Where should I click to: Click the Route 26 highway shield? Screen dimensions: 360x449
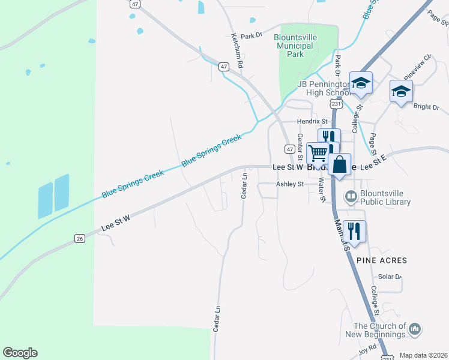pyautogui.click(x=79, y=239)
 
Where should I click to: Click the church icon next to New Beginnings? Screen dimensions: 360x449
pyautogui.click(x=414, y=329)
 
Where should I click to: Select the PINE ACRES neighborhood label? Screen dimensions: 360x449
pyautogui.click(x=382, y=260)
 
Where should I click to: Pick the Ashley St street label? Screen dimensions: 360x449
pyautogui.click(x=289, y=185)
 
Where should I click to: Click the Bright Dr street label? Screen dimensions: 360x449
pyautogui.click(x=426, y=107)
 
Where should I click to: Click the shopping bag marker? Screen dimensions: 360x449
pyautogui.click(x=339, y=164)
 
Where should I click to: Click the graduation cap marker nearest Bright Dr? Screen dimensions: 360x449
pyautogui.click(x=401, y=91)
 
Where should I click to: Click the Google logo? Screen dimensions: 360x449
pyautogui.click(x=20, y=353)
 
